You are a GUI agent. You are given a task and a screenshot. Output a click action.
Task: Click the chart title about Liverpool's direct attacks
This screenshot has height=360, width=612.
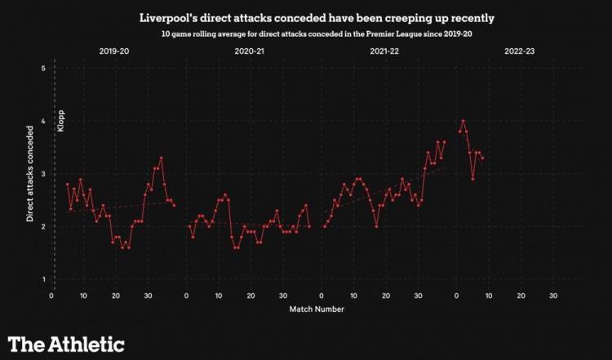point(306,17)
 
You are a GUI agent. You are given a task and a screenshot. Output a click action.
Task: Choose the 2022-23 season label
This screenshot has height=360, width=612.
point(520,51)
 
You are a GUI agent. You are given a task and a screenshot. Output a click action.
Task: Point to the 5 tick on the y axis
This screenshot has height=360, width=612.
point(42,69)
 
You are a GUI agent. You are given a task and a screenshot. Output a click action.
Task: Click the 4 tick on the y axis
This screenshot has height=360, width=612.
point(42,122)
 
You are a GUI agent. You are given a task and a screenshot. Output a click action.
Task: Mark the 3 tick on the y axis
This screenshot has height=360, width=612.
point(42,175)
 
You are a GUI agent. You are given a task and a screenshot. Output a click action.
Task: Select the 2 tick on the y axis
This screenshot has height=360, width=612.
point(42,227)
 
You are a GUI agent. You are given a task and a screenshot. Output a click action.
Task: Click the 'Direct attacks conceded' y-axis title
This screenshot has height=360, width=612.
point(29,175)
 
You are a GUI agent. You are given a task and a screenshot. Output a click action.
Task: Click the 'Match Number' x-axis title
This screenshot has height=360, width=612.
point(316,309)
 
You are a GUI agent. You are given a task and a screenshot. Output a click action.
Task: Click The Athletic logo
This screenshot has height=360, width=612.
point(66,343)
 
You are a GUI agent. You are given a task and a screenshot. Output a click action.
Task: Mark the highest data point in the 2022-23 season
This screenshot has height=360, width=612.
point(463,122)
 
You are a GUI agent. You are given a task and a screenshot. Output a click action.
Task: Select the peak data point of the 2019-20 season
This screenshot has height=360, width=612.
point(162,158)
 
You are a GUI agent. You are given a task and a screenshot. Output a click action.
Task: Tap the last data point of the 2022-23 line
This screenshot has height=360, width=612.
point(482,158)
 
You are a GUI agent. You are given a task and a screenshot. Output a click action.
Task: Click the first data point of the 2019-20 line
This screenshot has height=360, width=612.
point(67,184)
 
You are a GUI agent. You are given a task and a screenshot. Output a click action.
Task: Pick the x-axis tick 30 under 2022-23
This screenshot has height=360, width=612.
point(553,296)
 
